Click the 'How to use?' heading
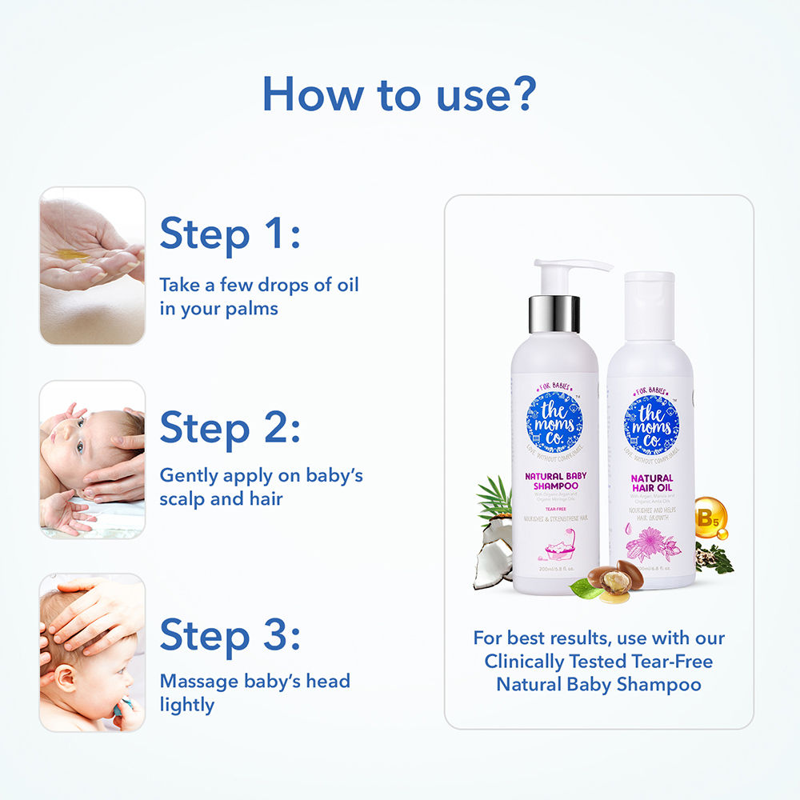pyautogui.click(x=398, y=94)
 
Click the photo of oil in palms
pyautogui.click(x=92, y=266)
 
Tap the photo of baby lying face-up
pyautogui.click(x=92, y=459)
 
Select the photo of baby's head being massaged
pyautogui.click(x=92, y=652)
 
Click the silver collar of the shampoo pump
pyautogui.click(x=554, y=314)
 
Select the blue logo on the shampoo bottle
pyautogui.click(x=555, y=422)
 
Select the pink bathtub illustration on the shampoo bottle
pyautogui.click(x=555, y=550)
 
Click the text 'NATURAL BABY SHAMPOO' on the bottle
pyautogui.click(x=555, y=480)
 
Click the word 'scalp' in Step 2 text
pyautogui.click(x=185, y=498)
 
